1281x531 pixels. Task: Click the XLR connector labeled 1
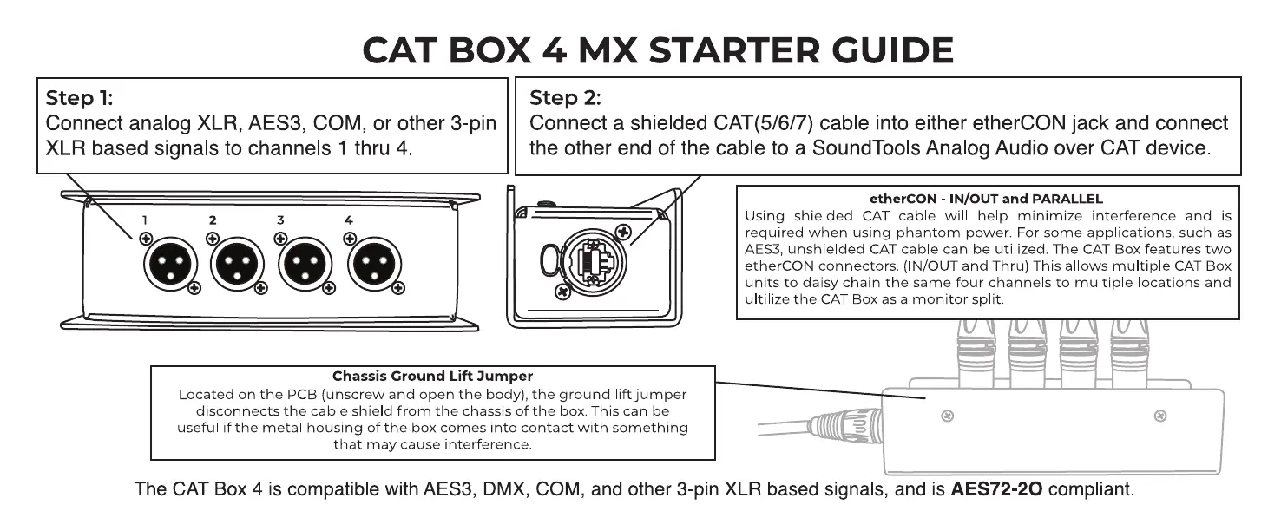pyautogui.click(x=170, y=264)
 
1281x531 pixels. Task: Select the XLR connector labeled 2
pyautogui.click(x=237, y=264)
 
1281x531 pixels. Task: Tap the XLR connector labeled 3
pyautogui.click(x=305, y=264)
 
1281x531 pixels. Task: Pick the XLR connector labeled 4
pyautogui.click(x=374, y=264)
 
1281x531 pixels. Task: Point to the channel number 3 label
pyautogui.click(x=280, y=220)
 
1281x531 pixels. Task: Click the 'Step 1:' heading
pyautogui.click(x=80, y=98)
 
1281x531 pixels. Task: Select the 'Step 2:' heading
pyautogui.click(x=565, y=98)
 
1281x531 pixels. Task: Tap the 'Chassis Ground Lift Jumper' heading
pyautogui.click(x=432, y=376)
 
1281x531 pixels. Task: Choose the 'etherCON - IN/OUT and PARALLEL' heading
pyautogui.click(x=986, y=199)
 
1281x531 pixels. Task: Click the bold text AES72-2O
pyautogui.click(x=996, y=489)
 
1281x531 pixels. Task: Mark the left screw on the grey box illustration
pyautogui.click(x=948, y=416)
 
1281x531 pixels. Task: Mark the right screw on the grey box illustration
pyautogui.click(x=1160, y=416)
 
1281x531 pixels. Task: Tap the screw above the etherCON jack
pyautogui.click(x=623, y=232)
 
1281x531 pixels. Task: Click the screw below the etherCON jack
pyautogui.click(x=563, y=292)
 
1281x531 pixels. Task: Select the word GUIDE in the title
pyautogui.click(x=892, y=49)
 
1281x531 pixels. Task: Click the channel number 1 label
pyautogui.click(x=145, y=220)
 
